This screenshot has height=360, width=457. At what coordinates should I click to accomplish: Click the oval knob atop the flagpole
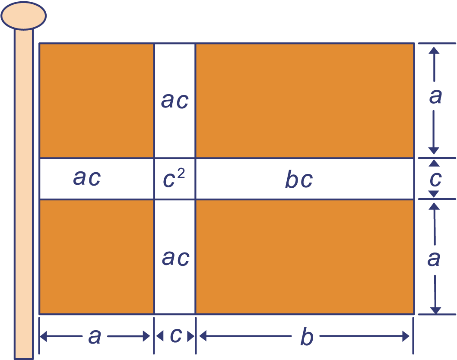[x=23, y=16]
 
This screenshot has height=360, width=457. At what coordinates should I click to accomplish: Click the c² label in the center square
[x=174, y=179]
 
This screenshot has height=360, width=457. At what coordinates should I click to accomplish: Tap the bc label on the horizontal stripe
[x=298, y=179]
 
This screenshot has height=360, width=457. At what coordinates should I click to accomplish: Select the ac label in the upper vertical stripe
[x=175, y=101]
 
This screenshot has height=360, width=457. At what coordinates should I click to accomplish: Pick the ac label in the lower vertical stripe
[x=175, y=258]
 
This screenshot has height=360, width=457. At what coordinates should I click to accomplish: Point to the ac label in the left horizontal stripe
[x=87, y=177]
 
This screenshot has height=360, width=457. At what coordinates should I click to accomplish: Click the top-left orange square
[x=96, y=100]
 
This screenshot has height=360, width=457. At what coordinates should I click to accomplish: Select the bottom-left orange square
[x=96, y=256]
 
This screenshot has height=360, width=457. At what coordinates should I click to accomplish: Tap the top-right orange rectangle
[x=305, y=100]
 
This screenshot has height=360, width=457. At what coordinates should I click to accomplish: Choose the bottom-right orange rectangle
[x=305, y=256]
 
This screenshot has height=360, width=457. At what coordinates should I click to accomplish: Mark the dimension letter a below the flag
[x=95, y=336]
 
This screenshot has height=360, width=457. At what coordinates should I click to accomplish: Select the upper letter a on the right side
[x=435, y=97]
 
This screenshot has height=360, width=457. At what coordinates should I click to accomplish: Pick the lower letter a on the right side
[x=434, y=259]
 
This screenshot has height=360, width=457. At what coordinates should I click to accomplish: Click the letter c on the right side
[x=435, y=178]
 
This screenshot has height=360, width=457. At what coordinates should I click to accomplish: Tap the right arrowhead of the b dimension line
[x=406, y=336]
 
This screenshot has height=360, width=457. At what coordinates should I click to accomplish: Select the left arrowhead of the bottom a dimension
[x=43, y=336]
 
